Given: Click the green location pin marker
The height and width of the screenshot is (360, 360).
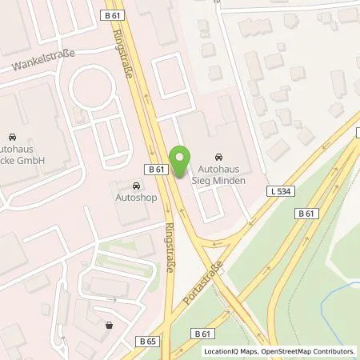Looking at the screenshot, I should point(181,163).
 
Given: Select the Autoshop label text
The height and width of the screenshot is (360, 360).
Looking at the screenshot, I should point(135,196).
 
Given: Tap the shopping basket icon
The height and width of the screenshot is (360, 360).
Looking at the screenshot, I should point(109,325).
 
